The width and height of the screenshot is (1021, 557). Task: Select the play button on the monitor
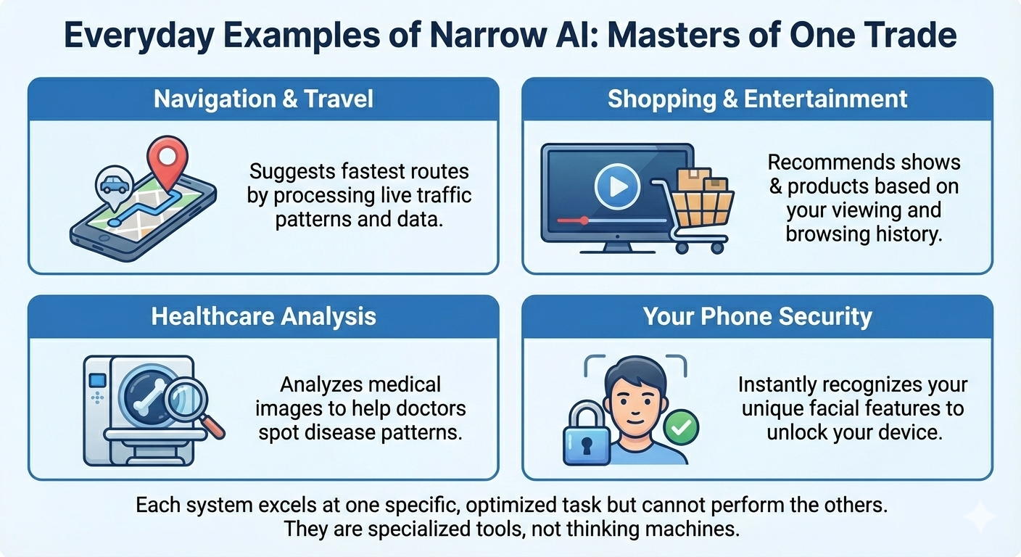point(616,187)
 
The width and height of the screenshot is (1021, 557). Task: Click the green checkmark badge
point(680,429)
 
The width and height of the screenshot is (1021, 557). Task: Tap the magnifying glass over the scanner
point(191,403)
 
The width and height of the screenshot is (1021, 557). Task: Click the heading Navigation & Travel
point(263,99)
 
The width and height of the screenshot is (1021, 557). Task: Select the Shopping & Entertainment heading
point(757,99)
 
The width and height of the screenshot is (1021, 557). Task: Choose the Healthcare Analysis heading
point(263,316)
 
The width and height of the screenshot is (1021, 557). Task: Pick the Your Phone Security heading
point(757,316)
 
